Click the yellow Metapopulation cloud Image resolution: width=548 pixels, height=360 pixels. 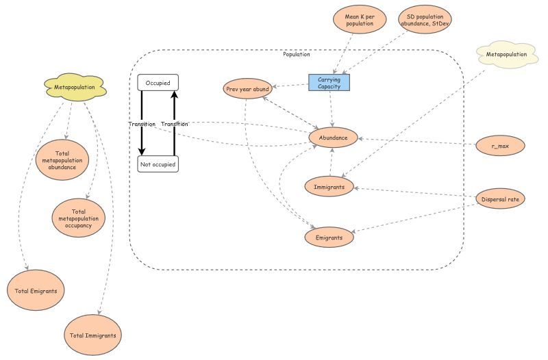tap(75, 87)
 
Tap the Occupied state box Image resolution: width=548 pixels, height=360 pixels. tap(158, 82)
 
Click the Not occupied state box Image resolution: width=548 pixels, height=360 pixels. tap(158, 164)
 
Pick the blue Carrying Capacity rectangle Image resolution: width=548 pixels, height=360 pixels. tap(329, 83)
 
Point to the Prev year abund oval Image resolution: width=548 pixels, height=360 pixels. tap(247, 89)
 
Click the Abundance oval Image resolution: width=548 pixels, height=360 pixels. tap(333, 138)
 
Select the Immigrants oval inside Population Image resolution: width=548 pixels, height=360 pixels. tap(329, 185)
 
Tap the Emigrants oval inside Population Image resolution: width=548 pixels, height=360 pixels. tap(329, 236)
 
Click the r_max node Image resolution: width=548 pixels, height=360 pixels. tap(500, 145)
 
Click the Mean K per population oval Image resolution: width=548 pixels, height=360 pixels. tap(359, 19)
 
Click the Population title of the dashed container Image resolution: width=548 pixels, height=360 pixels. tap(296, 54)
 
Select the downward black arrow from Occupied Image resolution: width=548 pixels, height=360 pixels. tap(142, 123)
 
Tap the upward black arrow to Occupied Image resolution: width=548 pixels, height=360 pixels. tap(174, 123)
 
